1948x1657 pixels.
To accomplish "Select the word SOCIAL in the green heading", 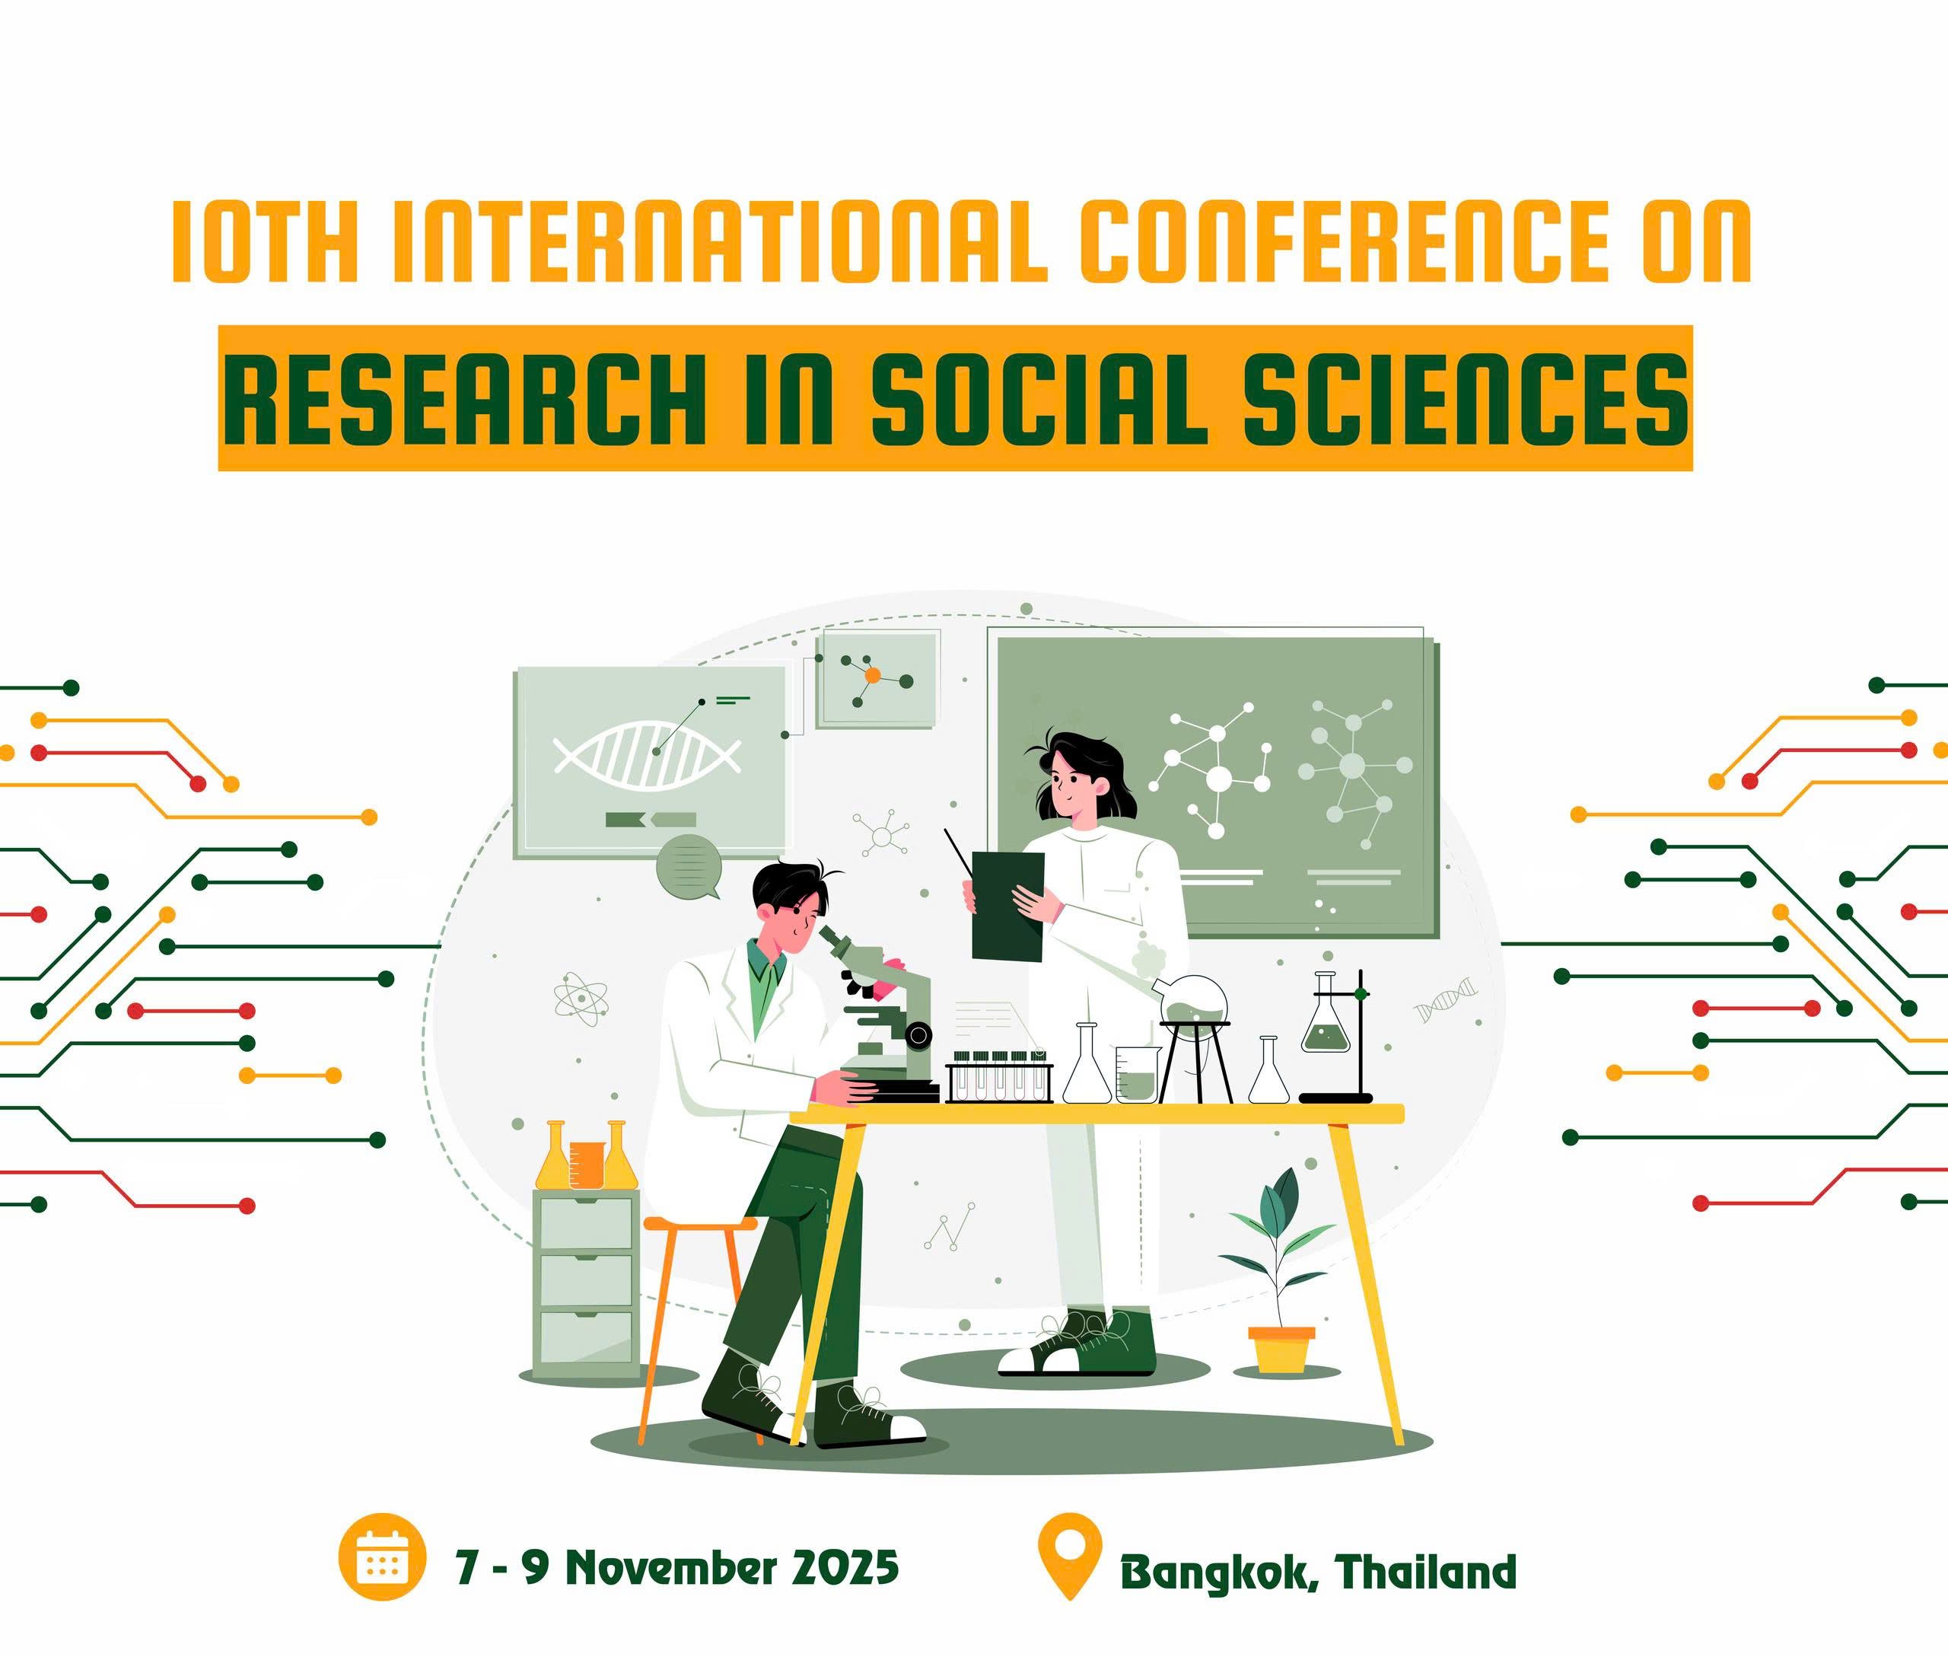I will (1039, 402).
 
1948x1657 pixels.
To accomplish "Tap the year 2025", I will (845, 1567).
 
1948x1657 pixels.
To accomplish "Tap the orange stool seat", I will (701, 1223).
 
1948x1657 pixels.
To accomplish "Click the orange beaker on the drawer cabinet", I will (587, 1165).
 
